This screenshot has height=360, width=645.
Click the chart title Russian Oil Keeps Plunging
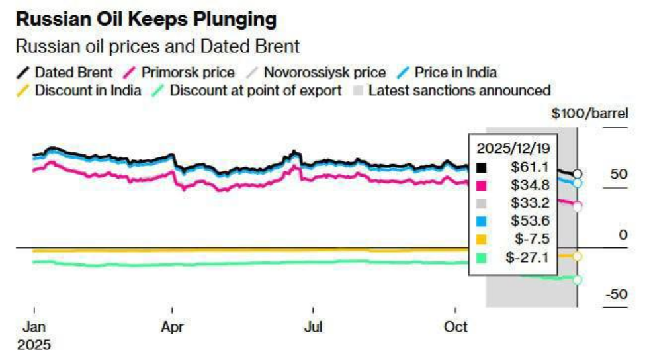click(x=146, y=20)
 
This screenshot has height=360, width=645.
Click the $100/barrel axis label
click(x=590, y=113)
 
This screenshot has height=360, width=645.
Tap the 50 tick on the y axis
click(x=617, y=175)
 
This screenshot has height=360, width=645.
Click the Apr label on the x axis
click(x=172, y=327)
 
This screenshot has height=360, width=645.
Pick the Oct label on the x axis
click(x=456, y=327)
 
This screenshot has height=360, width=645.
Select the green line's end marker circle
click(x=578, y=280)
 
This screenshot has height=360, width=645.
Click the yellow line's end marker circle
click(x=578, y=256)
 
